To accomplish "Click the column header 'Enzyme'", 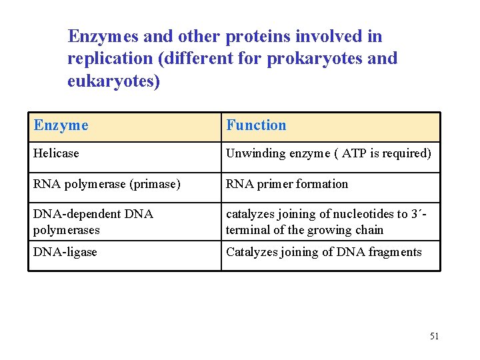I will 61,125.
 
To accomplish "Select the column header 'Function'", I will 256,125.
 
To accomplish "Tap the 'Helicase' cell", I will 56,153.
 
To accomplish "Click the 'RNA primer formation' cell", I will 287,184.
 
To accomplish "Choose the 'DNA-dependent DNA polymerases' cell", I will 93,222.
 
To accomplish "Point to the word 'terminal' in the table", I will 247,230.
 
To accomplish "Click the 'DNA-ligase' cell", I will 65,252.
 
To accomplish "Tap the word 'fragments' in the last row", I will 395,252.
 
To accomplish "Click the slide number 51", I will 434,336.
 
